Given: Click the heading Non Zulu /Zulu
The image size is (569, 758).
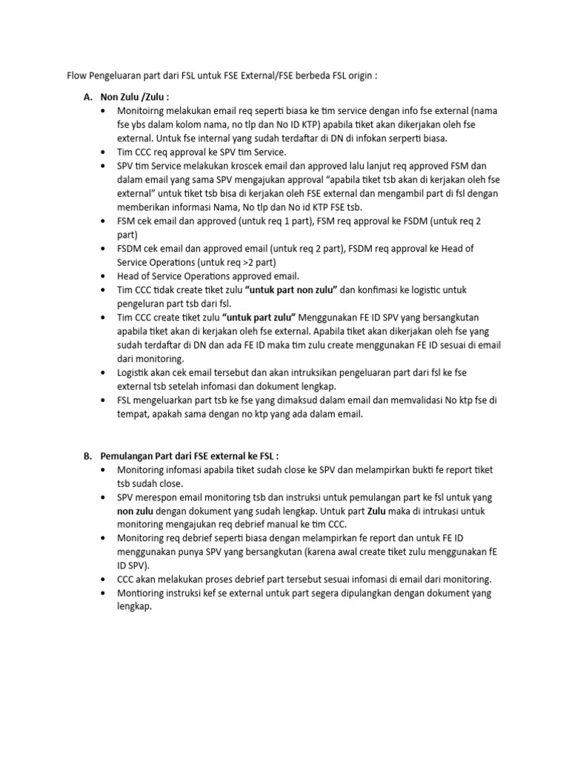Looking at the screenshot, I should click(134, 96).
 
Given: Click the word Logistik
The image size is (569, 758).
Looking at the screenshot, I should click(136, 372).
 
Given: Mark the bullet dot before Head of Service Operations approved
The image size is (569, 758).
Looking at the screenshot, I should click(102, 276).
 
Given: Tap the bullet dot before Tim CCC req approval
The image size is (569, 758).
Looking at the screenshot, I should click(102, 152).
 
